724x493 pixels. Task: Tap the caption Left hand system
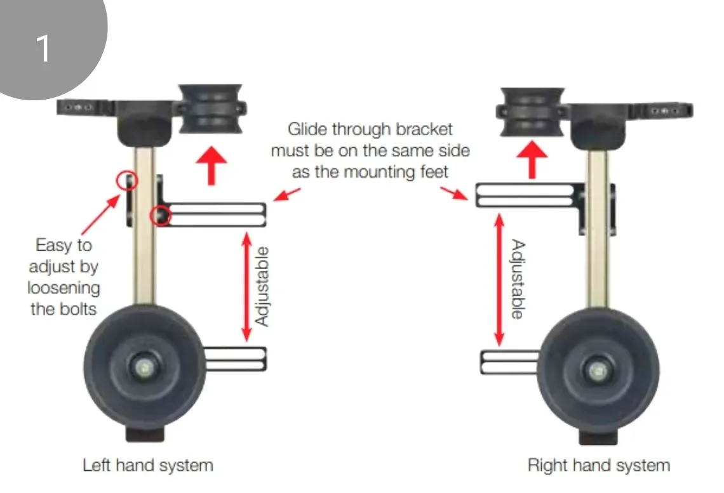[x=148, y=465]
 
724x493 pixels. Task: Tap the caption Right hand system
[x=598, y=465]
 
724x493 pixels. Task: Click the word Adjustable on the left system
[x=262, y=286]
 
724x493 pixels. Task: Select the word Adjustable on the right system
[x=517, y=279]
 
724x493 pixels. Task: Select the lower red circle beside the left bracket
[x=159, y=216]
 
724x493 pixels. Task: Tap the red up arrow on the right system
[x=532, y=162]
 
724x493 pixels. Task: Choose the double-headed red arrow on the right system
[x=500, y=280]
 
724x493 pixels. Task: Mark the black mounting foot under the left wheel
[x=147, y=434]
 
